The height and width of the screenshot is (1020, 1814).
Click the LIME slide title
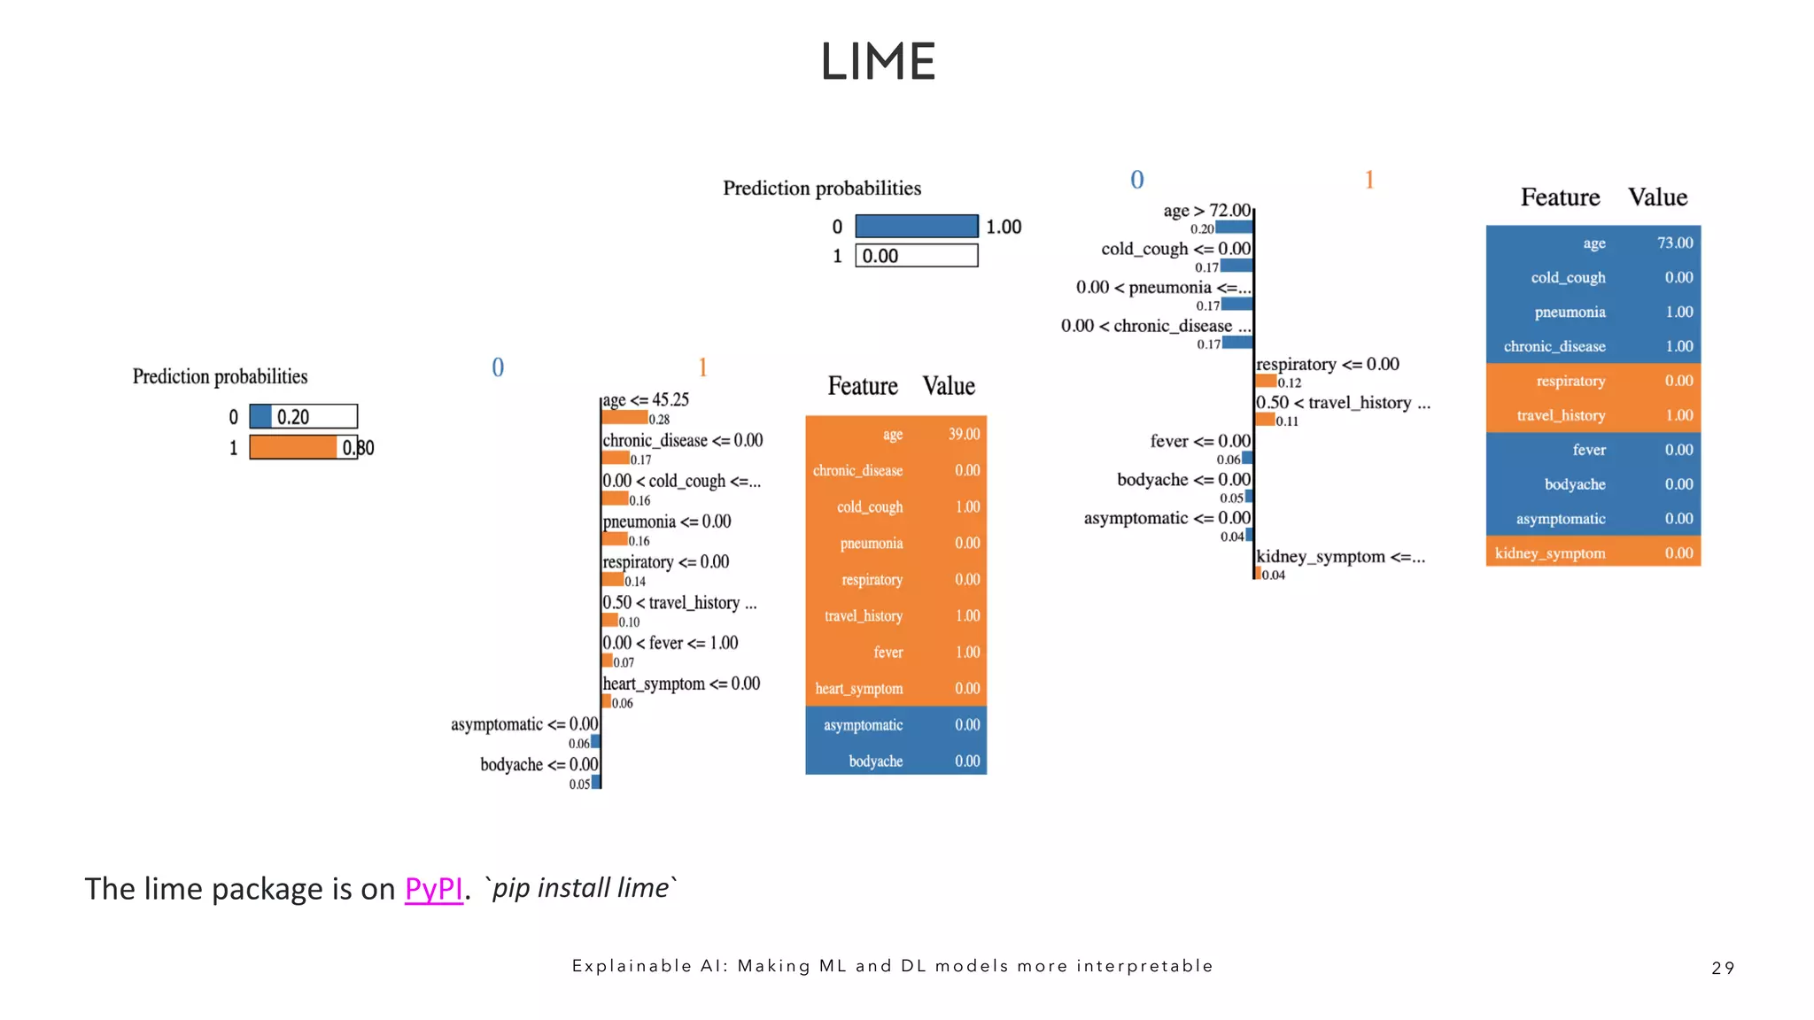tap(878, 62)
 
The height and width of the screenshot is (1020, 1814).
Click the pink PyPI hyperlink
tap(433, 888)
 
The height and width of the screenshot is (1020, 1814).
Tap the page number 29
tap(1723, 968)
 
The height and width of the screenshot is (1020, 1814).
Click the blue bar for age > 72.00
tap(1234, 228)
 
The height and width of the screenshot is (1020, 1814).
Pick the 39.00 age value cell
tap(964, 434)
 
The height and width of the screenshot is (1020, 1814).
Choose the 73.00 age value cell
tap(1674, 243)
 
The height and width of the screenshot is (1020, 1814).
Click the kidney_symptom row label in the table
tap(1549, 553)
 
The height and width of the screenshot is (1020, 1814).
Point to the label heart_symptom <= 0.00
tap(681, 684)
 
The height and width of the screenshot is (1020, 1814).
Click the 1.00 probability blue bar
tap(916, 227)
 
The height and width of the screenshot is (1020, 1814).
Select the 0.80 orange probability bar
tap(293, 447)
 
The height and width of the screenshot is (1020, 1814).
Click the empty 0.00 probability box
tap(916, 256)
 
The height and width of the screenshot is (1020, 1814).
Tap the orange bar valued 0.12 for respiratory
tap(1266, 382)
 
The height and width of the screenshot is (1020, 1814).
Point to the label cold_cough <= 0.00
tap(1175, 249)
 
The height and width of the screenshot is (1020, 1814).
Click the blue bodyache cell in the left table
tap(875, 761)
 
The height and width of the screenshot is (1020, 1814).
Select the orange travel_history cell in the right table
tap(1560, 415)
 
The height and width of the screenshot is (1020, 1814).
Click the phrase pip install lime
tap(580, 888)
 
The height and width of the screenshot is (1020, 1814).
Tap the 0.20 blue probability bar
tap(260, 416)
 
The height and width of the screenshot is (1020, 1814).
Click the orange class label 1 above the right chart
tap(1368, 181)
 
